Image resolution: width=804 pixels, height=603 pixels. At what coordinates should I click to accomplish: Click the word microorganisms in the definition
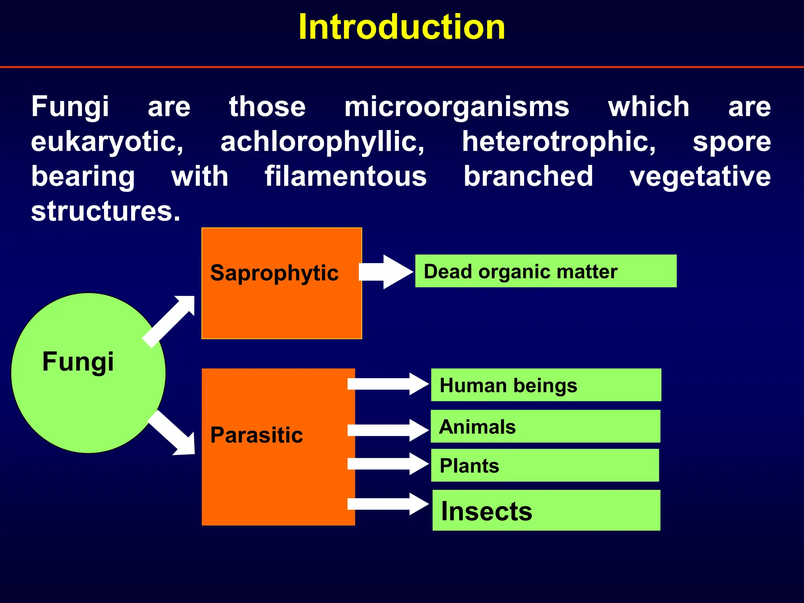coord(457,107)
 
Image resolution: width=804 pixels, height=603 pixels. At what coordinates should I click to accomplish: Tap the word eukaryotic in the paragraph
coord(107,142)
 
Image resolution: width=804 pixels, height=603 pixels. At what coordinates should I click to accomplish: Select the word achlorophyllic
coord(322,142)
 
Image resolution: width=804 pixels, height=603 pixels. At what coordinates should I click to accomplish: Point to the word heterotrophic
coord(558,142)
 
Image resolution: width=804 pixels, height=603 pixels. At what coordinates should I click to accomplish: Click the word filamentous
coord(345,176)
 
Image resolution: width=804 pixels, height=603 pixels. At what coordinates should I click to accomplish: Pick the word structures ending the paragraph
coord(105,211)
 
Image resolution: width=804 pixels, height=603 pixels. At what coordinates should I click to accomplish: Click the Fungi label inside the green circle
coord(78,361)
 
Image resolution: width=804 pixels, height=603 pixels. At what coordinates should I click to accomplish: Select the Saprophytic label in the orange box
coord(274,273)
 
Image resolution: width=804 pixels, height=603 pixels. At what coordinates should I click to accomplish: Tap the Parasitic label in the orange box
coord(256,435)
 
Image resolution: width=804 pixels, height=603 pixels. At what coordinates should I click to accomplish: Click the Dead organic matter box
coord(546,271)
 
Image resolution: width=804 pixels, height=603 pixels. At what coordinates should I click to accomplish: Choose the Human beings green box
coord(546,385)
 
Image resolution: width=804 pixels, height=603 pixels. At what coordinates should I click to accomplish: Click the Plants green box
coord(545,466)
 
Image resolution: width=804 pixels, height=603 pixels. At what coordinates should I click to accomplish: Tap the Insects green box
coord(546,511)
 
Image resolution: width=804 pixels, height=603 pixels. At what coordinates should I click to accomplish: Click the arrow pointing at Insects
coord(387,504)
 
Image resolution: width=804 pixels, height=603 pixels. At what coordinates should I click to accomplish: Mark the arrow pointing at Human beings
coord(387,384)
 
